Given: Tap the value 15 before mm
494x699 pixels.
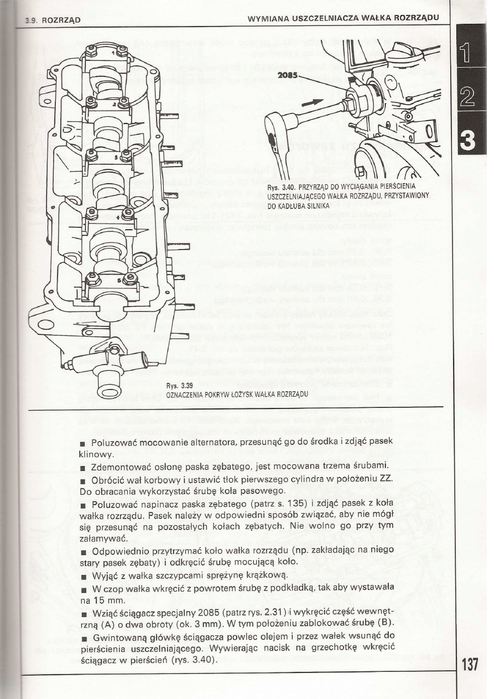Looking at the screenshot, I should pyautogui.click(x=96, y=599).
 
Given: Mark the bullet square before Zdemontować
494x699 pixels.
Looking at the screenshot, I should pyautogui.click(x=82, y=465).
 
